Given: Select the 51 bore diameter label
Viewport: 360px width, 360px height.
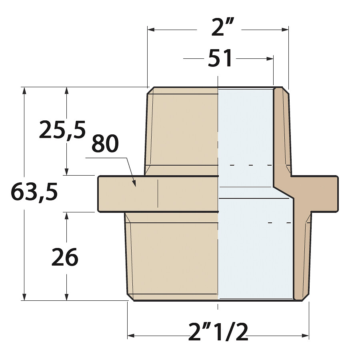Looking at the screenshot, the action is pyautogui.click(x=220, y=58).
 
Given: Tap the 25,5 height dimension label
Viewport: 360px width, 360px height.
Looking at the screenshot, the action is pyautogui.click(x=62, y=130).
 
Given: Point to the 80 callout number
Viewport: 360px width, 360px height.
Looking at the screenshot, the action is pyautogui.click(x=105, y=144).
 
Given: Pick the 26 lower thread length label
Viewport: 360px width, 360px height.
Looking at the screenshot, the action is pyautogui.click(x=65, y=258).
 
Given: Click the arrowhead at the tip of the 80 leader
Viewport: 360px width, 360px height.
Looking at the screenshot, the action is pyautogui.click(x=134, y=183).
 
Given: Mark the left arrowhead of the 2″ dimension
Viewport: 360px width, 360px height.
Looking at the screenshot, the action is pyautogui.click(x=151, y=30).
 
